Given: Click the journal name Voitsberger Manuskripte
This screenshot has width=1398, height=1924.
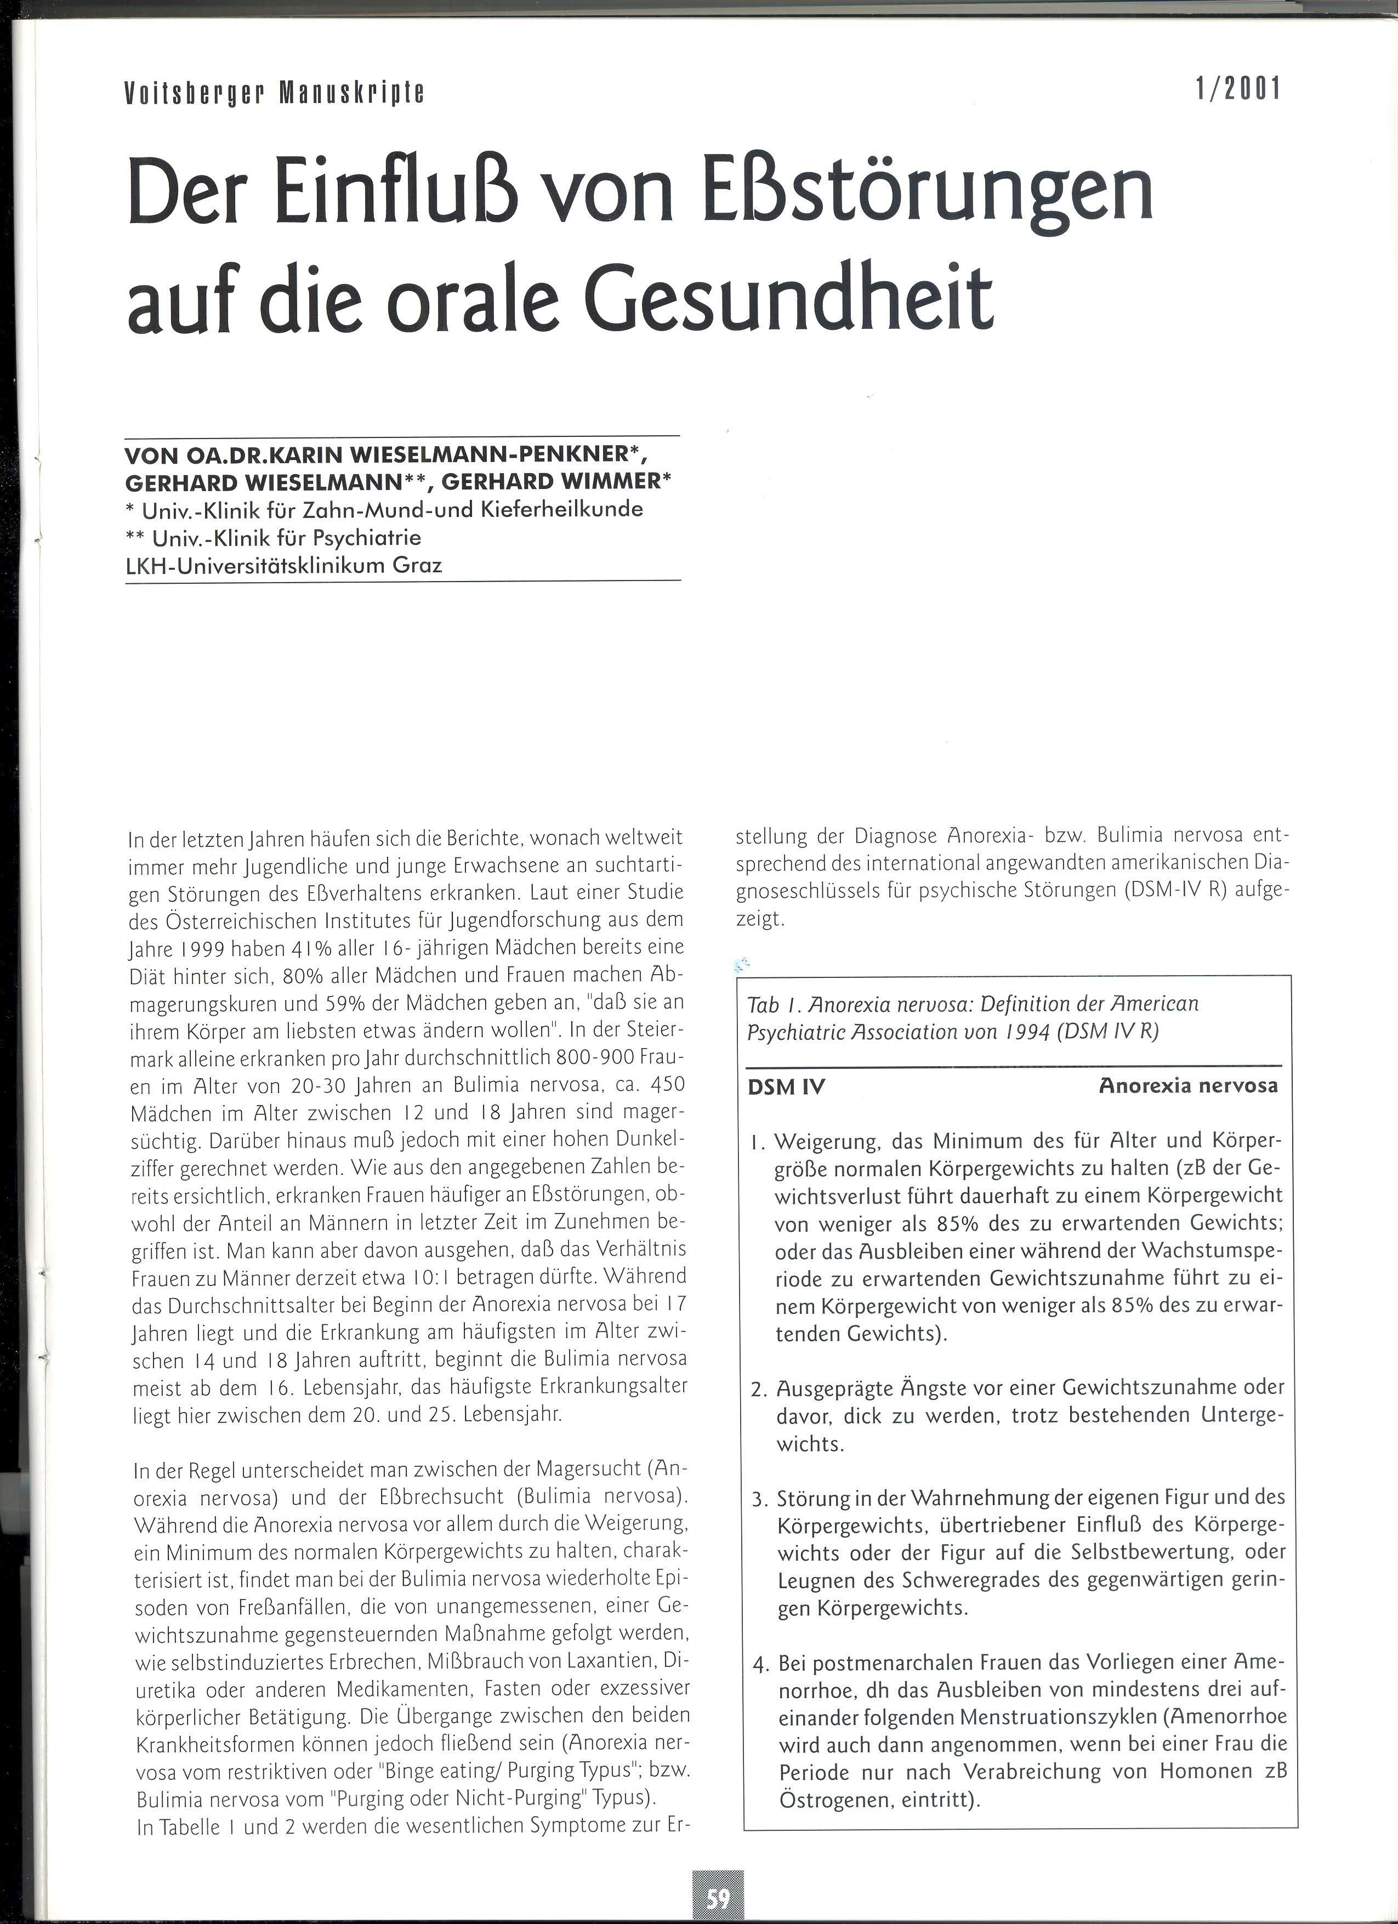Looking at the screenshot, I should coord(274,92).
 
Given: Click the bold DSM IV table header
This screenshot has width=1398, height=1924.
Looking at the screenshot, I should coord(786,1086).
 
